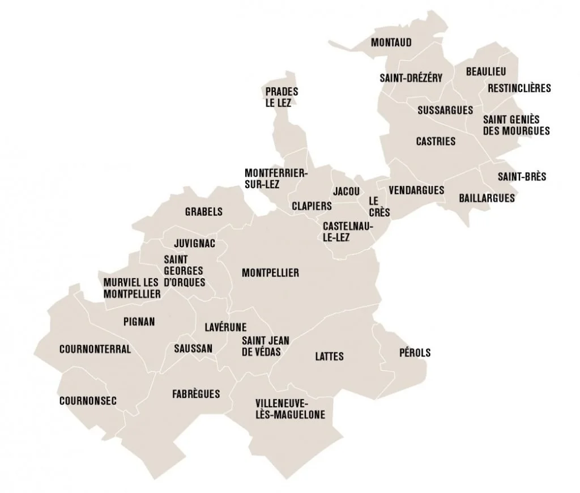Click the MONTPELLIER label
(270, 273)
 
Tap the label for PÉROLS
(415, 352)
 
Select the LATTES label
(329, 356)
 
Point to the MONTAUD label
(391, 42)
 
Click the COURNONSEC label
(88, 401)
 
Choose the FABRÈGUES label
(195, 393)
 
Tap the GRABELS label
(204, 212)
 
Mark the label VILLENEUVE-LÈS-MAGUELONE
(290, 409)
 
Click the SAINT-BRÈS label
(522, 177)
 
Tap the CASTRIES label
(436, 141)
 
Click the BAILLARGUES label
(487, 198)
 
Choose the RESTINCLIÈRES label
(519, 88)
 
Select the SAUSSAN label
(193, 348)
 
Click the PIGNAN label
(139, 321)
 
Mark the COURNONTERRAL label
(95, 349)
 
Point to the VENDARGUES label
(417, 190)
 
